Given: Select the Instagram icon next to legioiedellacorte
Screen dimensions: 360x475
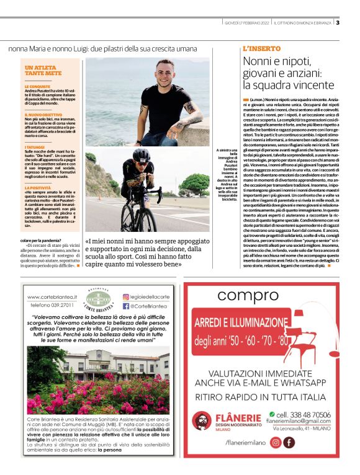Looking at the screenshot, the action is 127,298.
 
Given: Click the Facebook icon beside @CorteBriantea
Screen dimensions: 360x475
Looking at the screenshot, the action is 126,306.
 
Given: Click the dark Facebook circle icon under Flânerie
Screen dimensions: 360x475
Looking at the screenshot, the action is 289,443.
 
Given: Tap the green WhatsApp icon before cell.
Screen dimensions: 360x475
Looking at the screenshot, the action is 272,414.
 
